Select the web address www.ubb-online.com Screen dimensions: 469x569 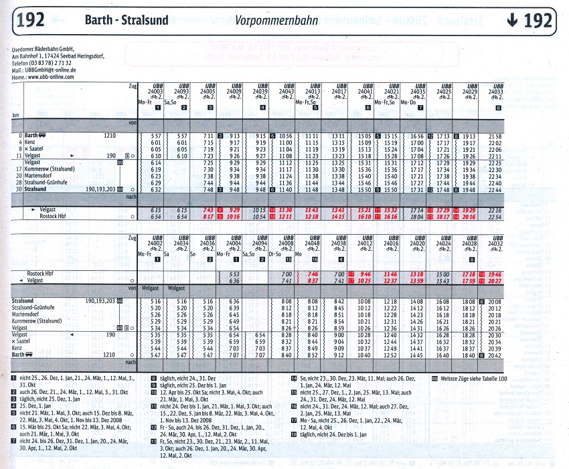point(52,76)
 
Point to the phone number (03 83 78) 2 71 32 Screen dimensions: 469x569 point(58,64)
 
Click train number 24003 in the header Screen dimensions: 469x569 point(155,92)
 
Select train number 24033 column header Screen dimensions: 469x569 point(495,92)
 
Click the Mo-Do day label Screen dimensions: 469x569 point(409,102)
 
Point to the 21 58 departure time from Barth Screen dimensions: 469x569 point(495,136)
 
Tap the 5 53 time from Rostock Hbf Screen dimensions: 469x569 point(234,274)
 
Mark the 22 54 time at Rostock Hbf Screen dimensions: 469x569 point(495,216)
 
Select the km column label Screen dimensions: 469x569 point(15,116)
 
